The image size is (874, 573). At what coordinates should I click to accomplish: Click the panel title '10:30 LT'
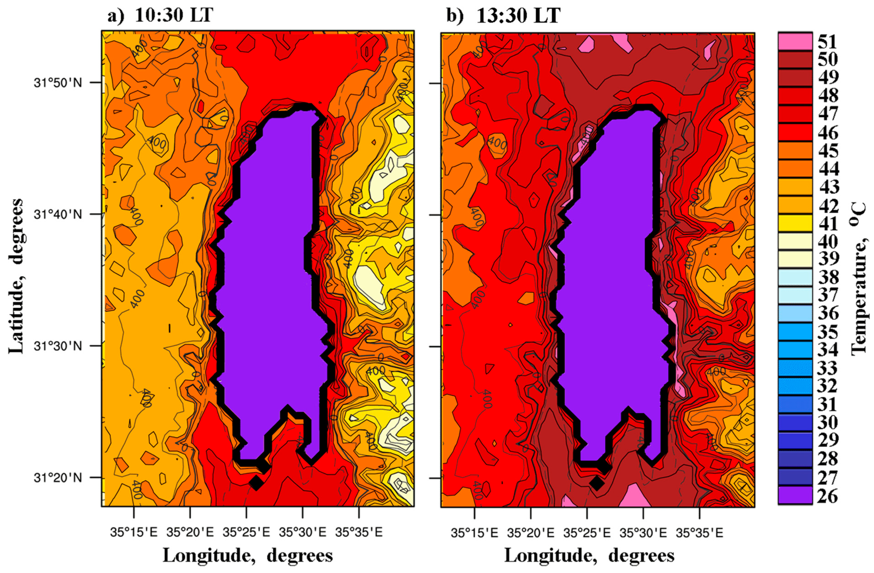[x=174, y=15]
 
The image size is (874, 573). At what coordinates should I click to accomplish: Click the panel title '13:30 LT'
[x=518, y=15]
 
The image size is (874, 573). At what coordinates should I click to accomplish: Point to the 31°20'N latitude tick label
[x=58, y=478]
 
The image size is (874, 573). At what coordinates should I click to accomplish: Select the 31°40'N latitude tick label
[x=58, y=214]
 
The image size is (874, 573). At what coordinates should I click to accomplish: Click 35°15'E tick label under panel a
[x=134, y=532]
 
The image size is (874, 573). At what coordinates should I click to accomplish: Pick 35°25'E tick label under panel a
[x=246, y=532]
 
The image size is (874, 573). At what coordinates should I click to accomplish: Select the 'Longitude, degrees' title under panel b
[x=589, y=555]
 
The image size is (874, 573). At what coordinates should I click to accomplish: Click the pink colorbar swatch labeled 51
[x=795, y=41]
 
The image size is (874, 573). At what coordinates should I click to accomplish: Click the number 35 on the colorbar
[x=828, y=332]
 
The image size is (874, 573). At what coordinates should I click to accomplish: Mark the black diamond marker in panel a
[x=256, y=482]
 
